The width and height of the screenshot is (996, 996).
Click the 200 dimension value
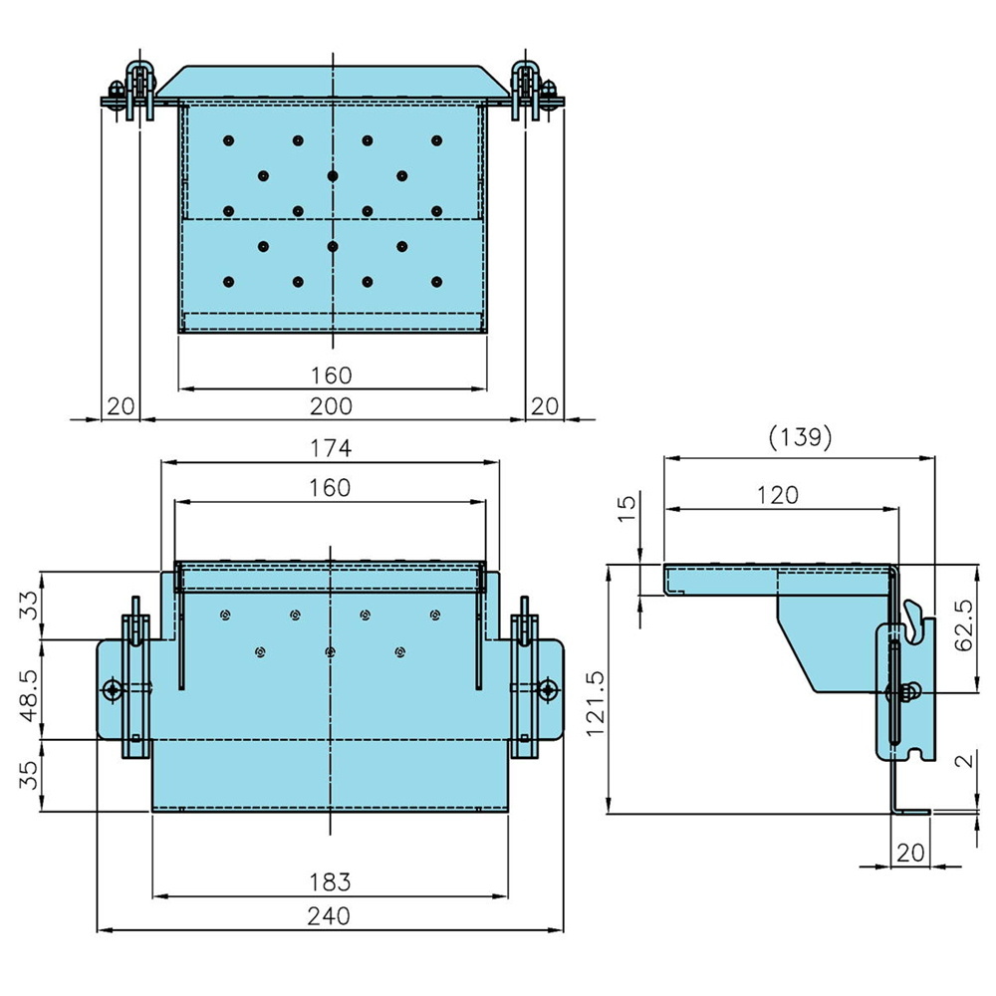(331, 405)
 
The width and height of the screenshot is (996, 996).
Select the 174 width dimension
(331, 448)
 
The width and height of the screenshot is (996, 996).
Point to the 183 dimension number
(330, 881)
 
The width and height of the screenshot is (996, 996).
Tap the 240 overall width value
(330, 916)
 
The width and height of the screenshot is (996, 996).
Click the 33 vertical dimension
(30, 605)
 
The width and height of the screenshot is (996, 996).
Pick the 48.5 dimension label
(30, 688)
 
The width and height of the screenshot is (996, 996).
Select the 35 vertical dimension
(30, 775)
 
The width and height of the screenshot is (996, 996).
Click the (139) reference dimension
(800, 438)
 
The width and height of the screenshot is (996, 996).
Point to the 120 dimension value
(778, 494)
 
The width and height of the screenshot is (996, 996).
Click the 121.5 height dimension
(595, 687)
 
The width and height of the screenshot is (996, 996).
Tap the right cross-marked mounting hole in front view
(547, 689)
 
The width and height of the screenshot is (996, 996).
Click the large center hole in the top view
(332, 175)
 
